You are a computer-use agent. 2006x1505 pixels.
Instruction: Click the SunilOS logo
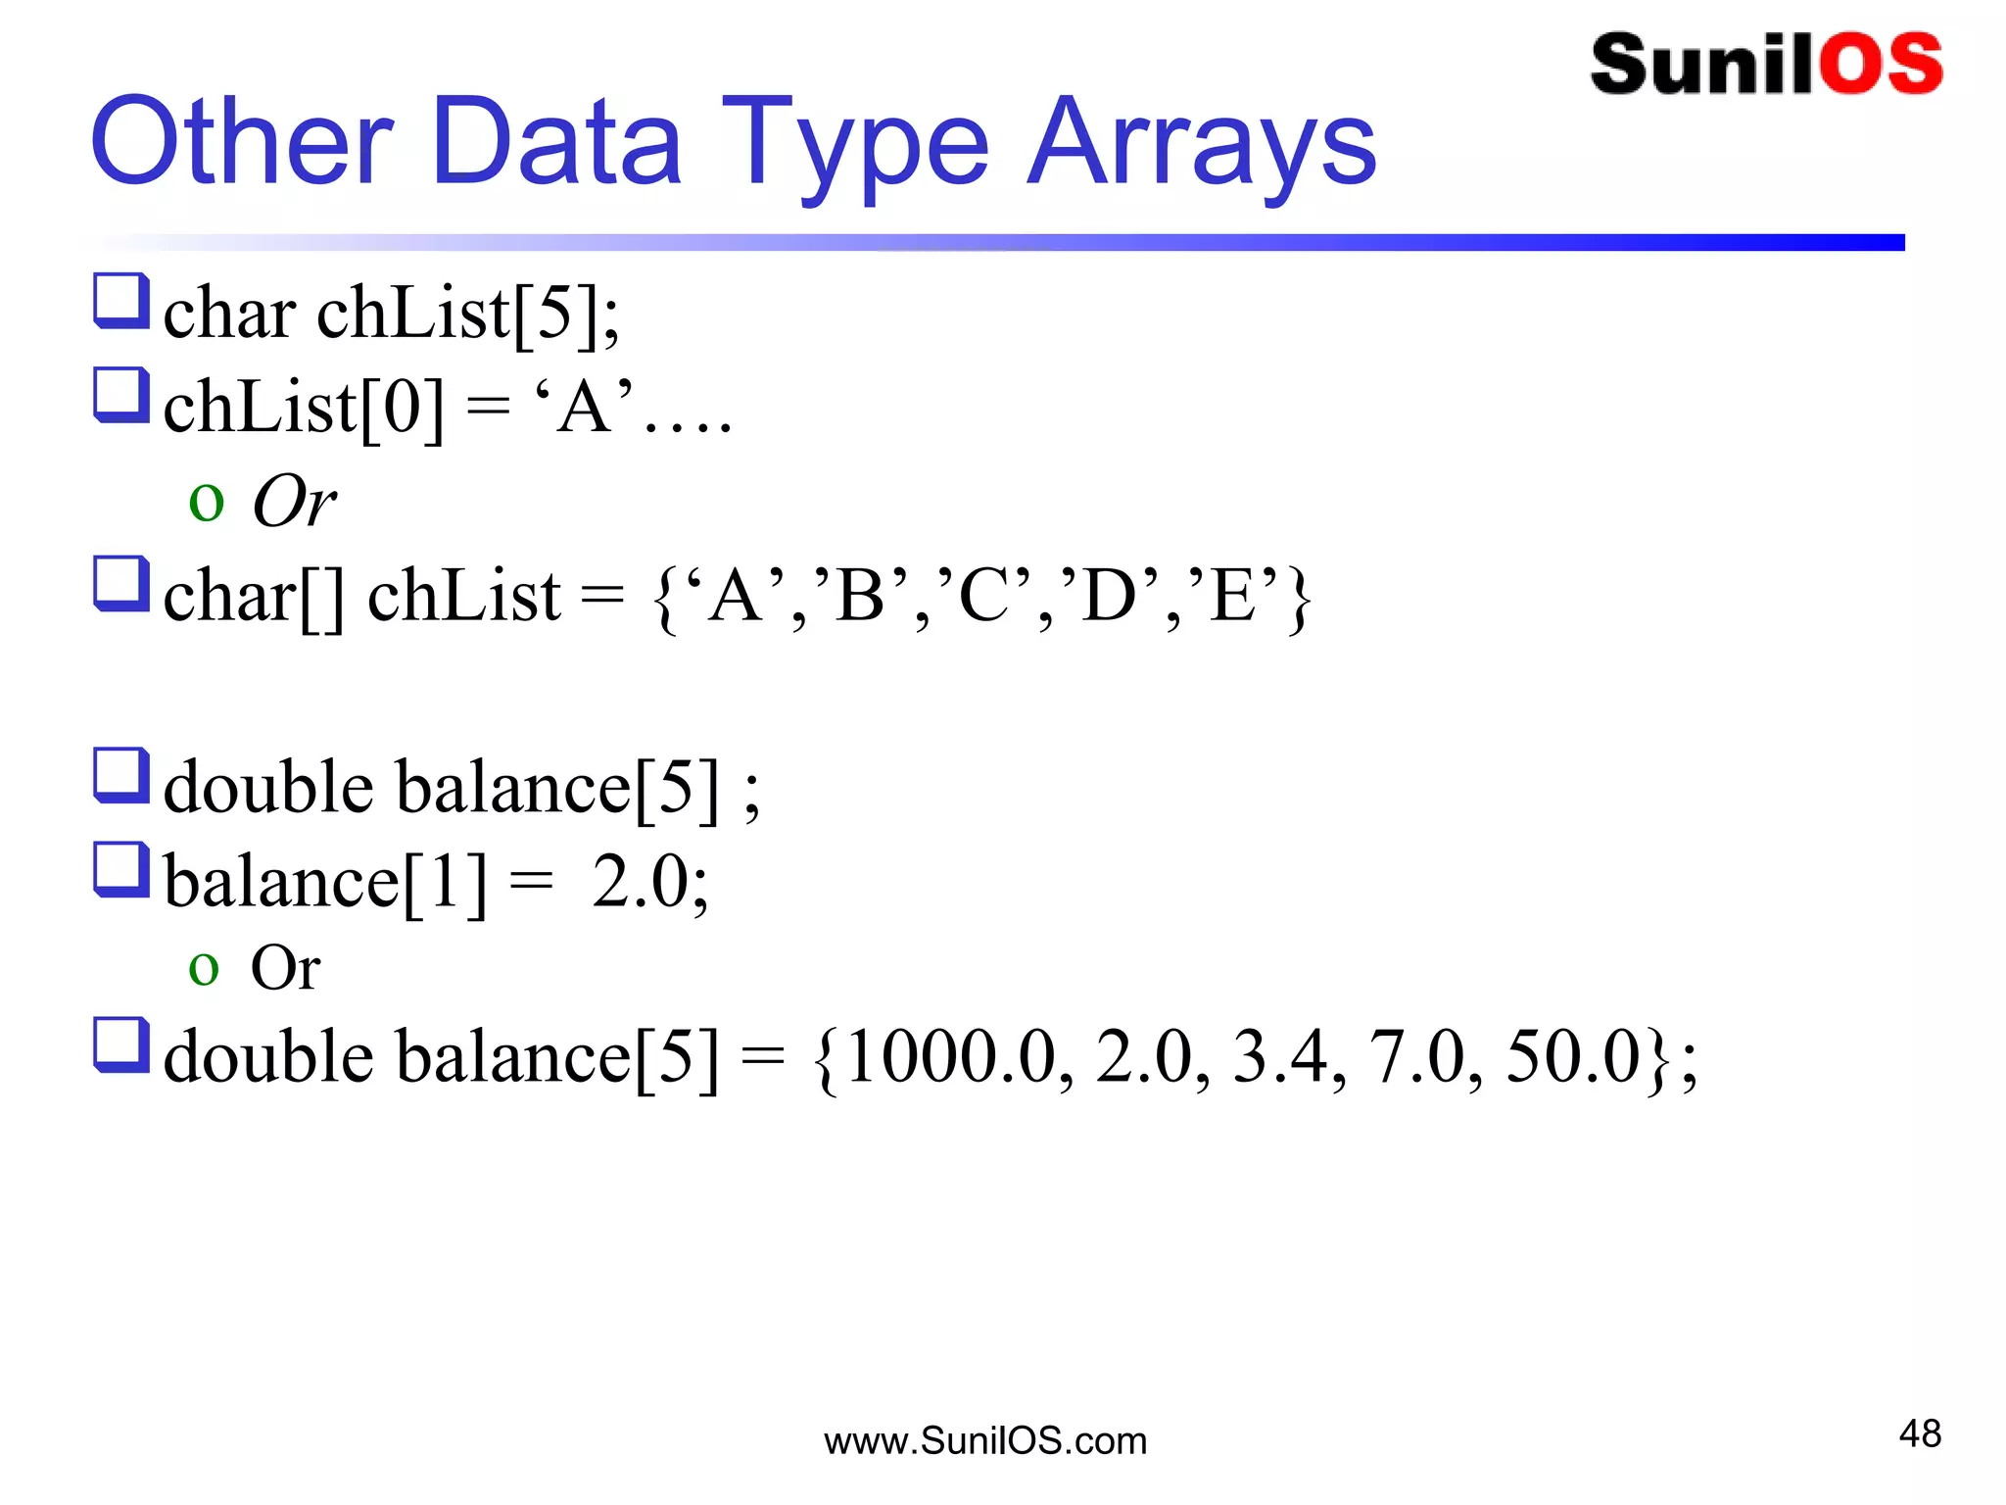(1766, 65)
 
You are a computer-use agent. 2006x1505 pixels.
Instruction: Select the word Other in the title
(242, 142)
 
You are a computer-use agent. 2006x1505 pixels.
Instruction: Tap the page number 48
(1919, 1433)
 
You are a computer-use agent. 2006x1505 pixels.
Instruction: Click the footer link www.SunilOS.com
(985, 1441)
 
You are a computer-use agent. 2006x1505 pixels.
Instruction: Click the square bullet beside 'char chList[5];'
(121, 302)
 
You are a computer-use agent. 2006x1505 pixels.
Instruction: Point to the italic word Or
(294, 501)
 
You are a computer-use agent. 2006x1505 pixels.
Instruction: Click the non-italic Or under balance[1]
(285, 968)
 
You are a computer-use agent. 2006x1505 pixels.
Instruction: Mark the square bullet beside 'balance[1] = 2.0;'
(121, 870)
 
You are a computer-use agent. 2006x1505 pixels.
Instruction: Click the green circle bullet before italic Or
(206, 503)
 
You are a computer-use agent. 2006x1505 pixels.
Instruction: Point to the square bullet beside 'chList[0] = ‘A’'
(121, 396)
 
